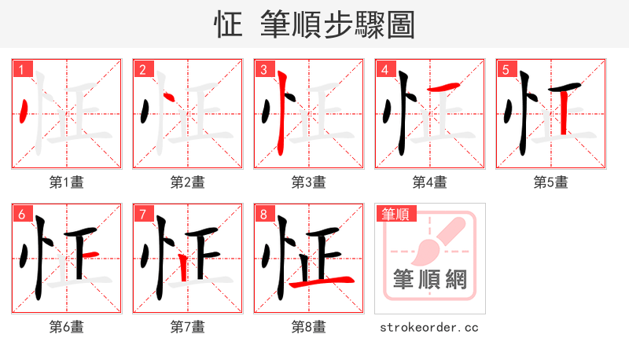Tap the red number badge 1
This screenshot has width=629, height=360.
tap(21, 70)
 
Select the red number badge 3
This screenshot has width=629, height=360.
tap(263, 70)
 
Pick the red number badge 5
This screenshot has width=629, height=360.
tap(506, 70)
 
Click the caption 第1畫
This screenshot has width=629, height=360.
tap(66, 182)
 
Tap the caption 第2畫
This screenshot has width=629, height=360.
tap(187, 182)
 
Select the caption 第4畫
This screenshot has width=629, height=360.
tap(429, 182)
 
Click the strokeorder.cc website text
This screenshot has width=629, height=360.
tap(429, 327)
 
